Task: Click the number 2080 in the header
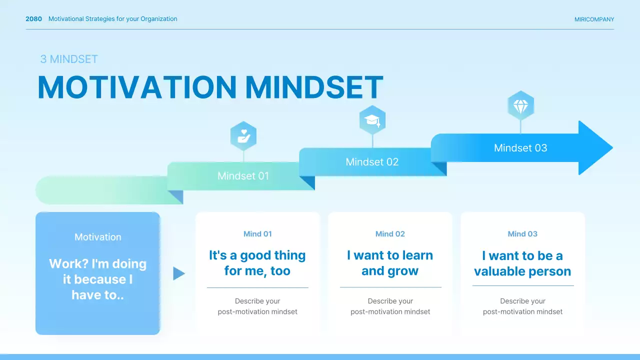pos(33,19)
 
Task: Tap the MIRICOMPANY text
pos(594,19)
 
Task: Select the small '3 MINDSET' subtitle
pos(69,59)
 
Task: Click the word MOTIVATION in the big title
pos(137,87)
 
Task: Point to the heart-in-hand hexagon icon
pos(243,135)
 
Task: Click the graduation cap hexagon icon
pos(372,120)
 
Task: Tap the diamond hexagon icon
pos(521,105)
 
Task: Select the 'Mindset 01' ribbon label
pos(243,176)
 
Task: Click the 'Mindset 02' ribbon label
pos(372,162)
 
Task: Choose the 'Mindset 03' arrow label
pos(520,148)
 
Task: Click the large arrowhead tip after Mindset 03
pos(613,147)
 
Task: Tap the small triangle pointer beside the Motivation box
pos(179,273)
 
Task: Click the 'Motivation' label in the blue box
pos(97,237)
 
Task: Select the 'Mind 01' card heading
pos(257,234)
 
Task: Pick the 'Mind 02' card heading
pos(390,234)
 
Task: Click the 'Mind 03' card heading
pos(522,234)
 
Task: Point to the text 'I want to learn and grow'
pos(390,263)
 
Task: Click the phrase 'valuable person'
pos(522,271)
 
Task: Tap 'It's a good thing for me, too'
pos(257,263)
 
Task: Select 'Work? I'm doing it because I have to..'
pos(97,279)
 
